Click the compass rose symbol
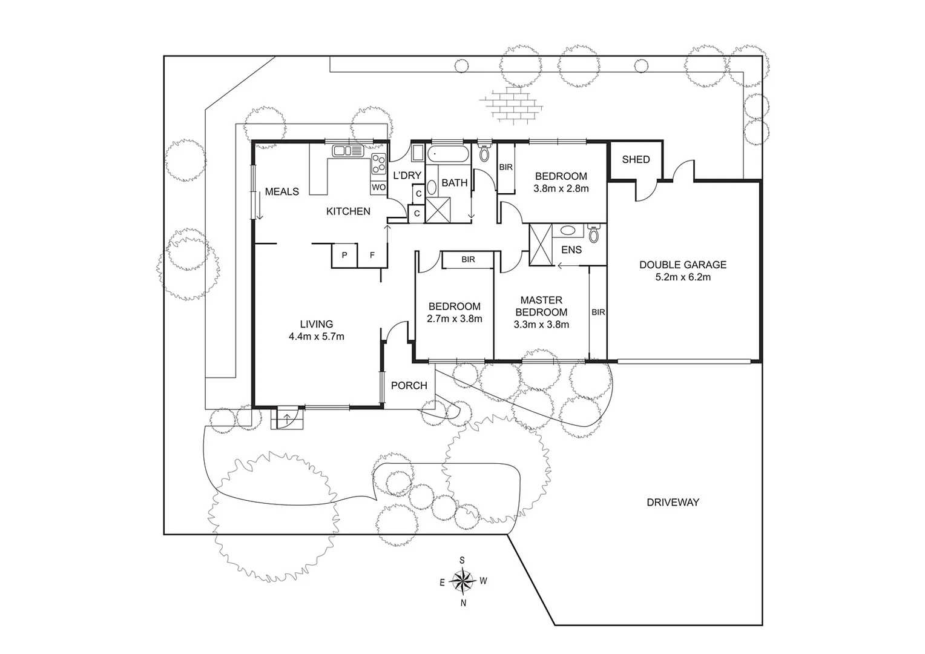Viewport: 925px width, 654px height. coord(462,581)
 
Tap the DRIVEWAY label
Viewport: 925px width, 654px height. coord(673,502)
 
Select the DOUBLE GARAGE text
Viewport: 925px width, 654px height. coord(683,265)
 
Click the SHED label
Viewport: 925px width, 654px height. coord(636,159)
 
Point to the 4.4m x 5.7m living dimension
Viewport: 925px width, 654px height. coord(316,336)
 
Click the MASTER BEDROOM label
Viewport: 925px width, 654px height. coord(541,306)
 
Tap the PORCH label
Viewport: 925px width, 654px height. coord(409,386)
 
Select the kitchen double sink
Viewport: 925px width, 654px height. coord(347,151)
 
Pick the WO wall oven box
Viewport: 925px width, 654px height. coord(378,187)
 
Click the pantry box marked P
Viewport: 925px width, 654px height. coord(344,256)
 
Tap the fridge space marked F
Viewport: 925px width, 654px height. coord(372,256)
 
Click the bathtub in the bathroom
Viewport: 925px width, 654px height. coord(448,154)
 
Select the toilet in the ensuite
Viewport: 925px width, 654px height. coord(594,234)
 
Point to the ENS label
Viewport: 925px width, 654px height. coord(571,249)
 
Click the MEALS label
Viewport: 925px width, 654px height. coord(281,191)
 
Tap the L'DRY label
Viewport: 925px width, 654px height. coord(407,176)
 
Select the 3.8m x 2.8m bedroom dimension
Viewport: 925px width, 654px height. coord(561,188)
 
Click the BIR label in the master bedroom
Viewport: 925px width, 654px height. coord(598,312)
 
